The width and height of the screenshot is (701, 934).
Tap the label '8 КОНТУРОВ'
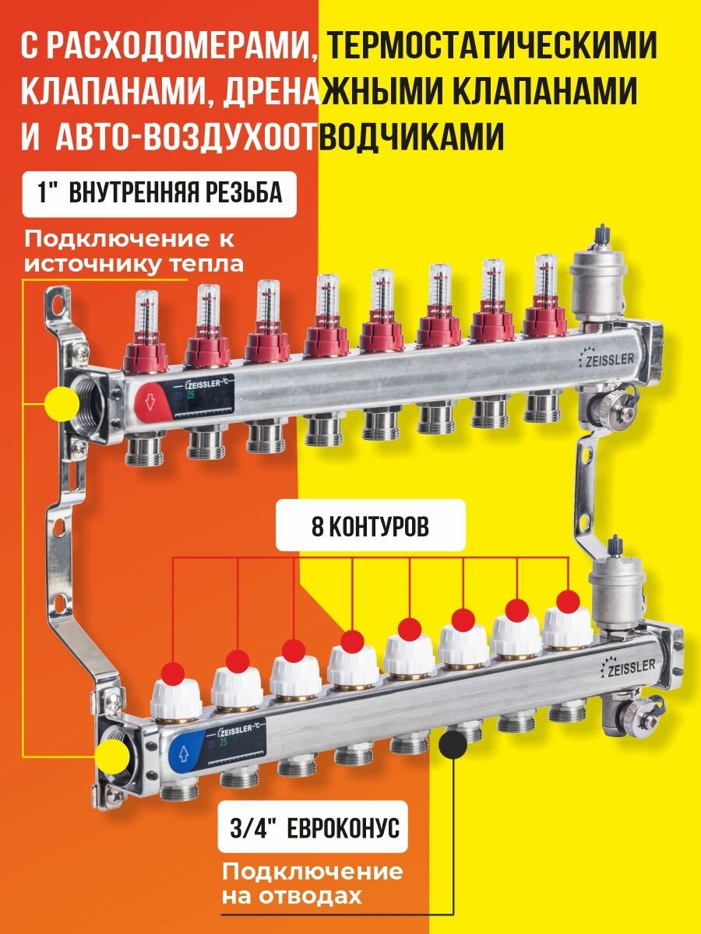(x=371, y=527)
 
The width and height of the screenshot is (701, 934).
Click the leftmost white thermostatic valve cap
(x=175, y=693)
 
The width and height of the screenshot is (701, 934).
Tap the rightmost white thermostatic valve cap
(x=567, y=624)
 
